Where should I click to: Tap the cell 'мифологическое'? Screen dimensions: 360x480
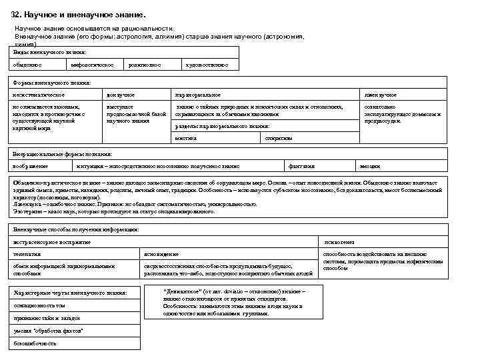[x=89, y=65]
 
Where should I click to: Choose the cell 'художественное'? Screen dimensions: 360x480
[x=207, y=65]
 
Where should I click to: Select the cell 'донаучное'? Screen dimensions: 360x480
[x=121, y=95]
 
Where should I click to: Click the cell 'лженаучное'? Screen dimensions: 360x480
[x=381, y=95]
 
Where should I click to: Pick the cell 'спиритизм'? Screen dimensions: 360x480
[x=279, y=138]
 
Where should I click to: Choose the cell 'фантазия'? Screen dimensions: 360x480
[x=301, y=165]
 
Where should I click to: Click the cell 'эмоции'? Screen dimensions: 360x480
[x=370, y=165]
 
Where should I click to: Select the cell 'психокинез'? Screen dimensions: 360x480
[x=339, y=241]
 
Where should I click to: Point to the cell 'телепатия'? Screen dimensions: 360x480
[x=27, y=254]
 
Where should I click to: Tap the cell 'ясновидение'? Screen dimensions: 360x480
[x=161, y=254]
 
